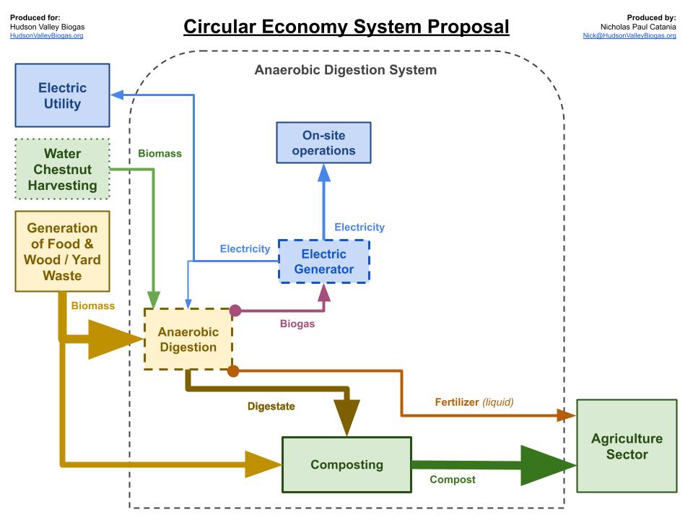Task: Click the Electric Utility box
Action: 63,95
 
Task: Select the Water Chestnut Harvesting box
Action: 62,169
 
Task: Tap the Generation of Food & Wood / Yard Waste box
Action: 62,251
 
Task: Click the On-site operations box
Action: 323,142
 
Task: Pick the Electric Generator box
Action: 323,261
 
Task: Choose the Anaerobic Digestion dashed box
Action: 188,339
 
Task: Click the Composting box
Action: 346,464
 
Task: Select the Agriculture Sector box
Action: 627,447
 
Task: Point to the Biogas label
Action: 297,324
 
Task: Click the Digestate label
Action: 271,406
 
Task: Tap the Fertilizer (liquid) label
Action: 474,402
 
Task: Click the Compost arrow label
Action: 453,480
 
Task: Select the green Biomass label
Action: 160,153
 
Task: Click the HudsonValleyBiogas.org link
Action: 47,35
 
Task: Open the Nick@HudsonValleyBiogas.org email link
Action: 629,35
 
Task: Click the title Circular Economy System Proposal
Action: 346,27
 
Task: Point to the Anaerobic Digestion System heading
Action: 345,70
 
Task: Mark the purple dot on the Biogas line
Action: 235,311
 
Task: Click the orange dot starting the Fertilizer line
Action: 233,371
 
